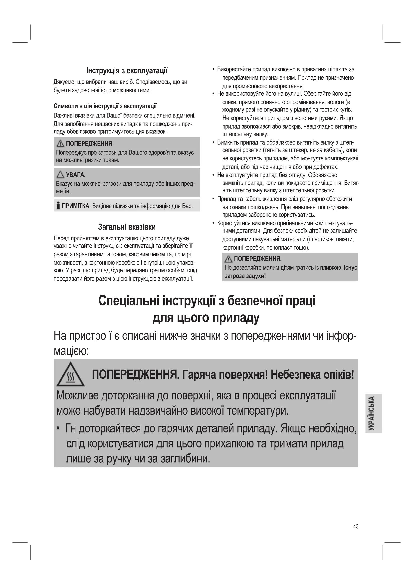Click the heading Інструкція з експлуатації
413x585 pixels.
127,70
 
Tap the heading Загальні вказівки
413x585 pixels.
127,227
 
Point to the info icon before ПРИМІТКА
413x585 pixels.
58,205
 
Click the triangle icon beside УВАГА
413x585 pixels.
60,175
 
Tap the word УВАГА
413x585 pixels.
75,175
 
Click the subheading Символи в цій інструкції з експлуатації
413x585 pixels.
105,106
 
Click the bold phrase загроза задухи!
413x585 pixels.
245,276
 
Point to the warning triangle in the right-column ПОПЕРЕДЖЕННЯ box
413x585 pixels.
228,259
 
